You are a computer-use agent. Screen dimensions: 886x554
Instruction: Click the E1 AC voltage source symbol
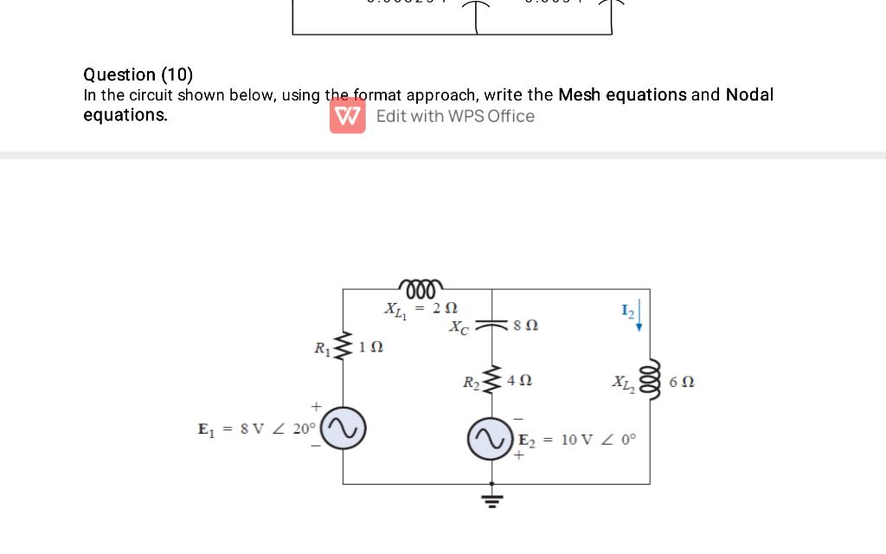(x=343, y=428)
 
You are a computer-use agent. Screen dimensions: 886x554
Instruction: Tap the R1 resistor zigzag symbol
(x=343, y=347)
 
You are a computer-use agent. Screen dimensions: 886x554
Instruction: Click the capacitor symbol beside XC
(x=492, y=324)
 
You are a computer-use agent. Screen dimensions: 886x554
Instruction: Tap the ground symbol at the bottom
(x=492, y=498)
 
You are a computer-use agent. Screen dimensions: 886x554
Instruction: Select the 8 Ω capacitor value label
(x=525, y=325)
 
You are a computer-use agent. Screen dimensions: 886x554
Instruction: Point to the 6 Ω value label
(x=681, y=382)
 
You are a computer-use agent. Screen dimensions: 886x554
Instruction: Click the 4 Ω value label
(x=519, y=380)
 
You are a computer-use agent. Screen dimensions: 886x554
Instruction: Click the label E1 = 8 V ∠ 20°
(x=257, y=428)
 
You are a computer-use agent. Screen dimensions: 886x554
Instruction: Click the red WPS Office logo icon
(x=347, y=116)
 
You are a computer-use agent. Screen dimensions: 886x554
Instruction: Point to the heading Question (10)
(x=138, y=74)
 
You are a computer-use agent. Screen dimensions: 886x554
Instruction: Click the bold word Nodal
(x=749, y=94)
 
